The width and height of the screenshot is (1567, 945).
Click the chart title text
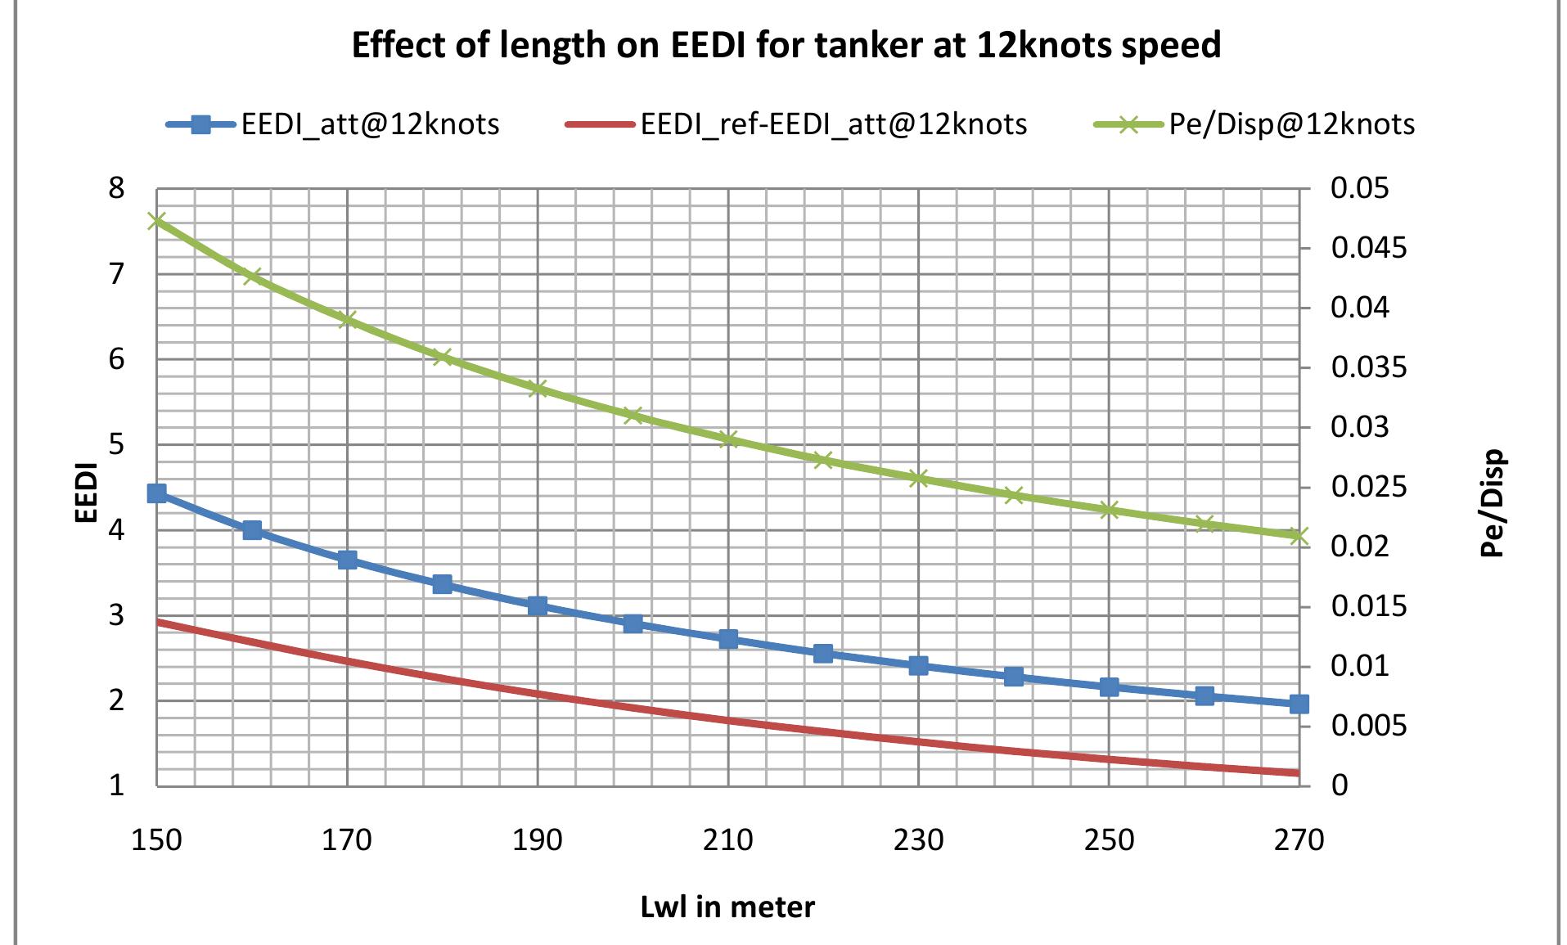click(x=786, y=45)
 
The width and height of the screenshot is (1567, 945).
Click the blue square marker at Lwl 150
click(x=156, y=493)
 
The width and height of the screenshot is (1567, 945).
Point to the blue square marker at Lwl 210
click(x=728, y=640)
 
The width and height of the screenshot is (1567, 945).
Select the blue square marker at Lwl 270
click(x=1299, y=704)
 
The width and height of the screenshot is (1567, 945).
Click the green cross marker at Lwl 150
click(x=156, y=221)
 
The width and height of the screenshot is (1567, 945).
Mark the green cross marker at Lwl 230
click(x=918, y=479)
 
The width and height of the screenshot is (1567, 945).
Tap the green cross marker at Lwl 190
click(x=538, y=388)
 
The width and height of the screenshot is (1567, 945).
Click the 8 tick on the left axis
click(x=117, y=189)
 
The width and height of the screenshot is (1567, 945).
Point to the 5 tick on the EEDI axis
click(x=117, y=445)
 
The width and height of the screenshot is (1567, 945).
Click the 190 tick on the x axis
click(x=538, y=840)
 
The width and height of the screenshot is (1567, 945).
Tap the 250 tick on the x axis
click(x=1109, y=840)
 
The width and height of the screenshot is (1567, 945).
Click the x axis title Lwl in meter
click(x=727, y=907)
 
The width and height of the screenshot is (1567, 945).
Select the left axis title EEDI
click(x=87, y=493)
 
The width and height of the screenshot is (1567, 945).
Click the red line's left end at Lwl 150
click(x=158, y=623)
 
